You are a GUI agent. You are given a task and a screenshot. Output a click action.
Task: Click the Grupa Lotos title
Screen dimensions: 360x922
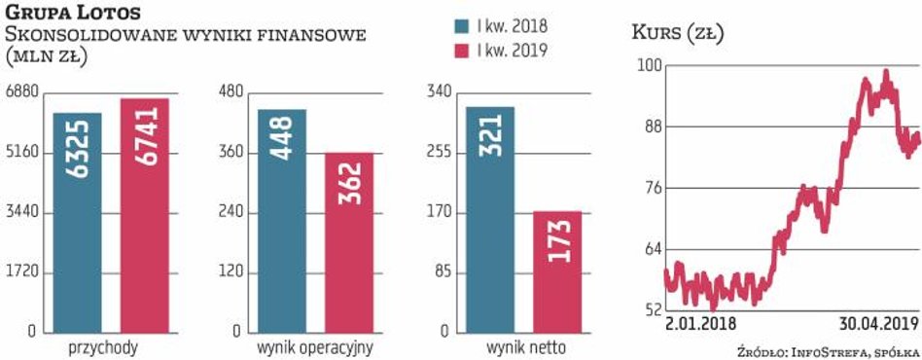(x=73, y=13)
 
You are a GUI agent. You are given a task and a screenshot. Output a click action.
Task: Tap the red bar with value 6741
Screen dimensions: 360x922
(x=144, y=215)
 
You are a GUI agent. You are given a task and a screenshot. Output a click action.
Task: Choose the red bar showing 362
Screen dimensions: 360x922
(x=349, y=242)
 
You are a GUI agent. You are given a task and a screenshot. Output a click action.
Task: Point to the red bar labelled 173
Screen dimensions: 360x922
(x=557, y=271)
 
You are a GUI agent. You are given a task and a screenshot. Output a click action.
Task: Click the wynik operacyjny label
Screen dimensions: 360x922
(x=315, y=347)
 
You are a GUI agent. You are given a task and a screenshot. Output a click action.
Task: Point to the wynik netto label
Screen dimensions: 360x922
(x=524, y=347)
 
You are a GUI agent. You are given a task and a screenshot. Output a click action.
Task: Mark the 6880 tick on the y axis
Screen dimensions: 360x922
(x=20, y=92)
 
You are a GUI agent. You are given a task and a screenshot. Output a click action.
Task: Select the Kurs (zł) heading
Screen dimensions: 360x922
(x=678, y=35)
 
